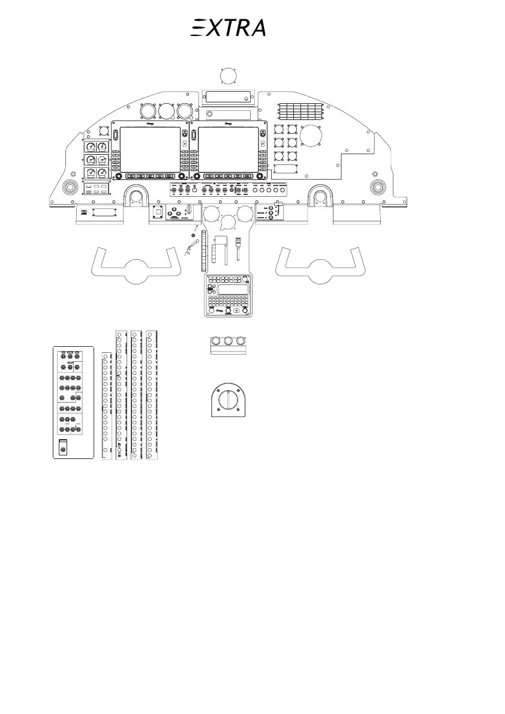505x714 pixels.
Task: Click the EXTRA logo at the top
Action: pyautogui.click(x=228, y=28)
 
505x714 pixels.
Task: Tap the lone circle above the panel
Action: pyautogui.click(x=228, y=76)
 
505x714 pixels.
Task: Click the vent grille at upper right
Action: pyautogui.click(x=300, y=110)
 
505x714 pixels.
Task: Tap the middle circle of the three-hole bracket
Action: pyautogui.click(x=227, y=341)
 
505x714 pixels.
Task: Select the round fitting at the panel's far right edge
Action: pyautogui.click(x=378, y=187)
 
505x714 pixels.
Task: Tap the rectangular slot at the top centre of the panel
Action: pyautogui.click(x=229, y=98)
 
